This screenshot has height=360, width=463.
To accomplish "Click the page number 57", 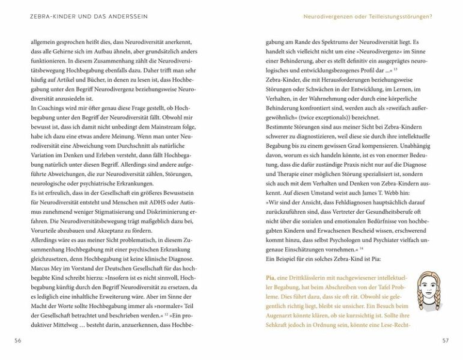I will (446, 340).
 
